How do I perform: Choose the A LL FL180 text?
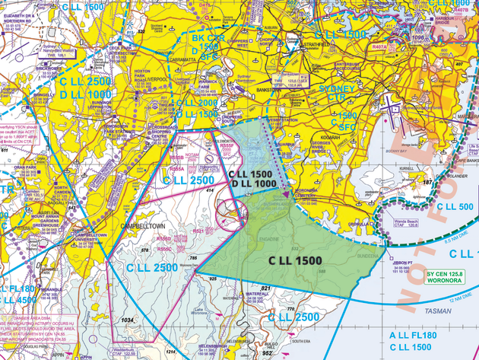pyautogui.click(x=414, y=335)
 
